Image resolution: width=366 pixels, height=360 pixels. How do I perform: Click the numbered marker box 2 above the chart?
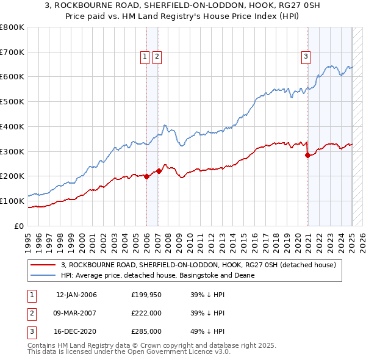[157, 57]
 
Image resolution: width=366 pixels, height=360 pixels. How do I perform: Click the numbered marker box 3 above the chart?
[306, 57]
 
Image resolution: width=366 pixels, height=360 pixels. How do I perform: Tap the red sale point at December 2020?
[307, 155]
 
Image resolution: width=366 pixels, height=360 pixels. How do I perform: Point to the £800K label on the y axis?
[12, 27]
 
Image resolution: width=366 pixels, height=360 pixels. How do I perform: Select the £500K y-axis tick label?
[12, 102]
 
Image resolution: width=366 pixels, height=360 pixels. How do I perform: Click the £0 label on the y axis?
[20, 226]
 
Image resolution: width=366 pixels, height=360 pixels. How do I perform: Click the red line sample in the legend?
[43, 264]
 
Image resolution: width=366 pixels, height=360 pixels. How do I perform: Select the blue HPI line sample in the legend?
[43, 275]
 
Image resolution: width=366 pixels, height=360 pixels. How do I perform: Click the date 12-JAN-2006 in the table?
[76, 295]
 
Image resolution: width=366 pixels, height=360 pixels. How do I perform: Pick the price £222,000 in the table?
[146, 313]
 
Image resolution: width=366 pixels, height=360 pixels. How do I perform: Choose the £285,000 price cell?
[146, 331]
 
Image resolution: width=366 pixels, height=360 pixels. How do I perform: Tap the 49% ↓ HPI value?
[207, 331]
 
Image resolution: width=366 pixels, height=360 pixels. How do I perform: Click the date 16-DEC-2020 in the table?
[76, 331]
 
